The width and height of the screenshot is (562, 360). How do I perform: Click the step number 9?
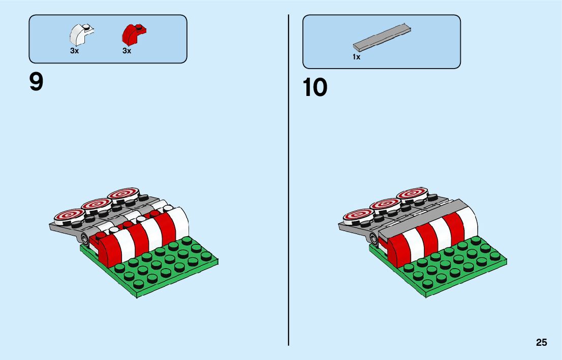(x=36, y=82)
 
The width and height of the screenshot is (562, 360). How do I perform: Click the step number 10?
(x=315, y=87)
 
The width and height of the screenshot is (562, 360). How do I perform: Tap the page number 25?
(x=541, y=343)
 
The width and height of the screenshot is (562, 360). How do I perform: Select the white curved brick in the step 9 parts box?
(x=81, y=35)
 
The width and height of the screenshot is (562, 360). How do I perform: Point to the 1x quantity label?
(x=356, y=57)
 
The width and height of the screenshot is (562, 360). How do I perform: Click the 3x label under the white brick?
(x=75, y=51)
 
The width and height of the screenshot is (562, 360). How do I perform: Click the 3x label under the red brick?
(x=127, y=51)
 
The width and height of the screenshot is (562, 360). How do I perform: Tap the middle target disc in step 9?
(x=96, y=204)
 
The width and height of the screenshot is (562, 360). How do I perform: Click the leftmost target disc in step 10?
(x=357, y=215)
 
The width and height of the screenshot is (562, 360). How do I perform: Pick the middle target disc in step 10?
(x=386, y=204)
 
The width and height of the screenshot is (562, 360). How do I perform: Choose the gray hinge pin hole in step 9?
(x=84, y=239)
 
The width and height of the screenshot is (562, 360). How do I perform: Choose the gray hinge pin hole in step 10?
(x=374, y=239)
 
